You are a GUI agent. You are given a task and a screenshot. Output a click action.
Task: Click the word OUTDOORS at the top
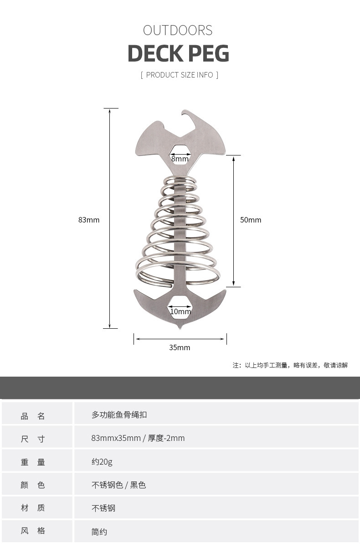[178, 31]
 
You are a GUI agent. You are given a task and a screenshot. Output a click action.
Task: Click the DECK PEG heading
[178, 54]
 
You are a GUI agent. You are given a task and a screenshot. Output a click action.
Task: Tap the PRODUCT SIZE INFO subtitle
[180, 75]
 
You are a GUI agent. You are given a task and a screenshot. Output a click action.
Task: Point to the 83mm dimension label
[89, 220]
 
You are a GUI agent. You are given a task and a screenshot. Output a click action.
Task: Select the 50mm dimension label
[251, 220]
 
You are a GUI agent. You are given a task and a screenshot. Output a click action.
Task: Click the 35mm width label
[180, 347]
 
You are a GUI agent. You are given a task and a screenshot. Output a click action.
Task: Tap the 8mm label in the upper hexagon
[180, 159]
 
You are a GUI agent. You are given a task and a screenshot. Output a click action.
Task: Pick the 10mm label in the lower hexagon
[180, 311]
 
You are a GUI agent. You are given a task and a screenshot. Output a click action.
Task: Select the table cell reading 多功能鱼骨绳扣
[119, 415]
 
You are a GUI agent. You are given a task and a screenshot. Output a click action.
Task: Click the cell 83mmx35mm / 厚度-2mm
[138, 438]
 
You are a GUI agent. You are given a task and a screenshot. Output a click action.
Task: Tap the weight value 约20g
[102, 461]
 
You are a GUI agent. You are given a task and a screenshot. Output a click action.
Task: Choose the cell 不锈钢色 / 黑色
[118, 485]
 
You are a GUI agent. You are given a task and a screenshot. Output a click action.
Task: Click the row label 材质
[33, 508]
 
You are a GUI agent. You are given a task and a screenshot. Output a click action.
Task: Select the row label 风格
[33, 531]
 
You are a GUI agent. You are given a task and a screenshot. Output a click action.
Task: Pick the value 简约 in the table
[99, 532]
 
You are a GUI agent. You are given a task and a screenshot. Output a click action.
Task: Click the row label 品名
[33, 416]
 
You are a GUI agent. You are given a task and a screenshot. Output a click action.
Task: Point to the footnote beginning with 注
[290, 365]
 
